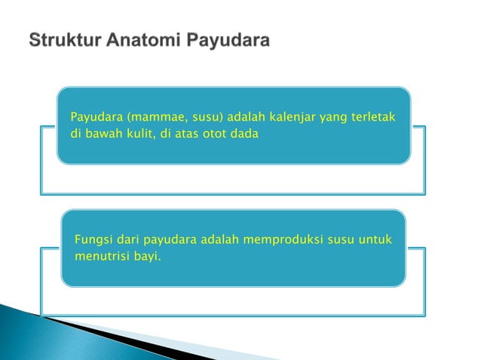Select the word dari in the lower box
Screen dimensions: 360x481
tap(128, 240)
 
